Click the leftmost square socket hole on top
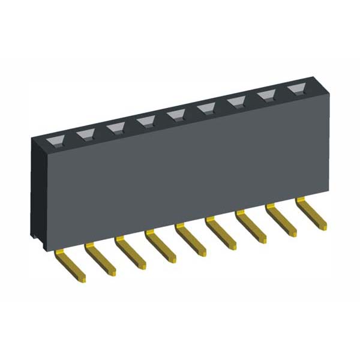56,141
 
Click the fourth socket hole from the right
206,108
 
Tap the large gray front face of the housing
180,174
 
